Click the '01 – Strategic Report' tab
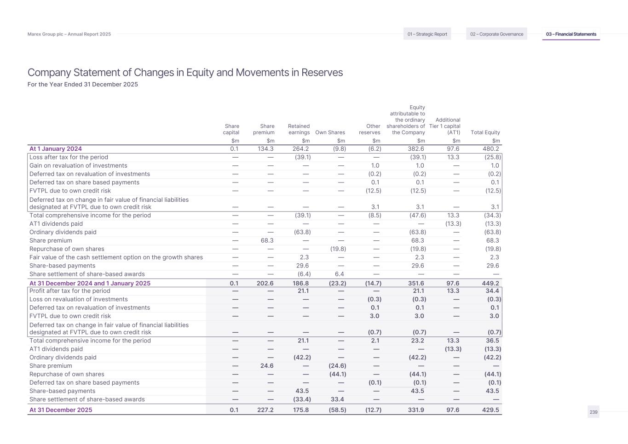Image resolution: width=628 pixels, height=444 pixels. (x=427, y=34)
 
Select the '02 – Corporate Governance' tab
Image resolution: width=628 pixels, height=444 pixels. (x=496, y=34)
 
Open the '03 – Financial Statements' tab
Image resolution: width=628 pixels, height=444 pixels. (x=571, y=34)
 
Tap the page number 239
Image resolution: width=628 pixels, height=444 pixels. (x=593, y=412)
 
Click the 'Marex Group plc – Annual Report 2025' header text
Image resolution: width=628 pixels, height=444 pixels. (x=69, y=34)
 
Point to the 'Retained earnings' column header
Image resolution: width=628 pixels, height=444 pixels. (x=299, y=129)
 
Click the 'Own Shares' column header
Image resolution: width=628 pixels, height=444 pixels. (x=330, y=132)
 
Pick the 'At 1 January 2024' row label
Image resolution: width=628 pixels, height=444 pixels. (x=56, y=148)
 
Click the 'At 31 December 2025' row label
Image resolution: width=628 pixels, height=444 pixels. (x=61, y=410)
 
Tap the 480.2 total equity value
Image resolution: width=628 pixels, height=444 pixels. (x=491, y=148)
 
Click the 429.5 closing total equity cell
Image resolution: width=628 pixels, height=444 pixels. (x=491, y=410)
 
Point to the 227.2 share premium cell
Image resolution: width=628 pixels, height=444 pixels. (x=265, y=410)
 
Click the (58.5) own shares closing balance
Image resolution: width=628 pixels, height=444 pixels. (x=337, y=410)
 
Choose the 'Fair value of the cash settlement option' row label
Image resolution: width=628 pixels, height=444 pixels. (x=116, y=257)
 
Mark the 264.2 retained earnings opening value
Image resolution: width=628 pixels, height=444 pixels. (x=301, y=148)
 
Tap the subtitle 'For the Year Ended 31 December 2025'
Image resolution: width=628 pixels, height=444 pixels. (x=83, y=85)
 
